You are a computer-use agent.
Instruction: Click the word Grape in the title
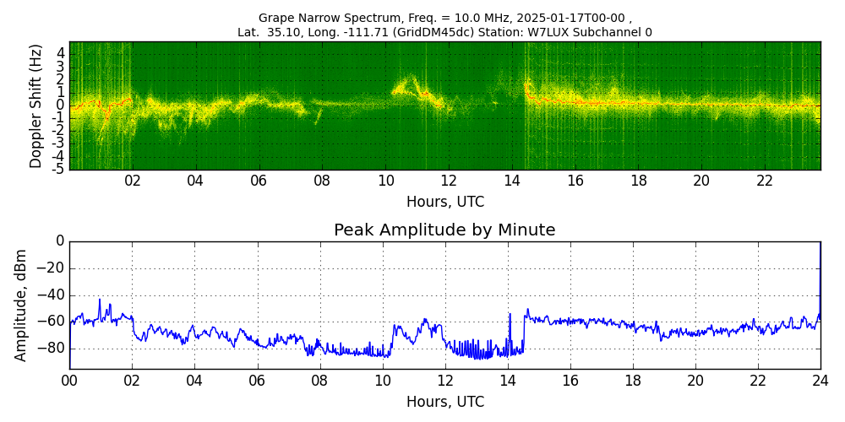[x=273, y=18]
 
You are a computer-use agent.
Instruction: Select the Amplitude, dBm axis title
[x=20, y=306]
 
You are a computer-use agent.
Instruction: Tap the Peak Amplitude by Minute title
[x=444, y=230]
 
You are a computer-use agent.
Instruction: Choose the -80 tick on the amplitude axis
[x=53, y=349]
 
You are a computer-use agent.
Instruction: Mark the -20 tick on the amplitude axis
[x=53, y=268]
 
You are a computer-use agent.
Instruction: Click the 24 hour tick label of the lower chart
[x=820, y=380]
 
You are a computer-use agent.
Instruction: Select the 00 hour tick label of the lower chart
[x=69, y=380]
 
